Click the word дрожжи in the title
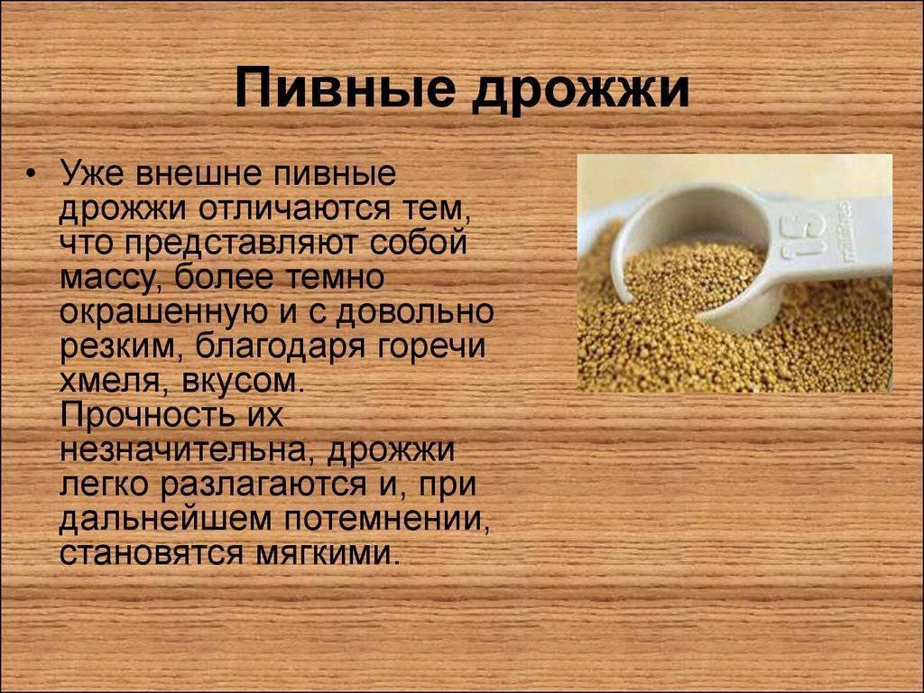tap(580, 91)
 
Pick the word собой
tap(419, 242)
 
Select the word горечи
tap(430, 346)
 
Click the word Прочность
tap(140, 415)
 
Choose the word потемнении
tap(385, 519)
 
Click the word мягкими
tap(324, 555)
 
